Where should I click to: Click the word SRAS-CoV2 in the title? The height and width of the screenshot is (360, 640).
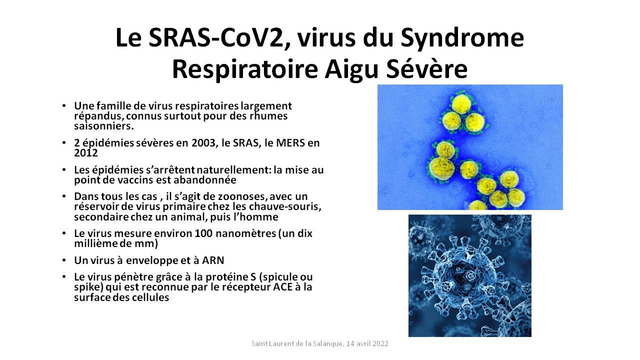pos(219,38)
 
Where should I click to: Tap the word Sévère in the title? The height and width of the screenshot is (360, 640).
pos(427,69)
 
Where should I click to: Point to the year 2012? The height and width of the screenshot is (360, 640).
pos(86,153)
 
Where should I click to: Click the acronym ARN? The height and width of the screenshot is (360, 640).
pos(213,260)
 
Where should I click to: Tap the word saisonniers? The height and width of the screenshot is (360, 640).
pos(103,126)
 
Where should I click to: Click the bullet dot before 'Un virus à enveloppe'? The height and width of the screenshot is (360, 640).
pos(64,260)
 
